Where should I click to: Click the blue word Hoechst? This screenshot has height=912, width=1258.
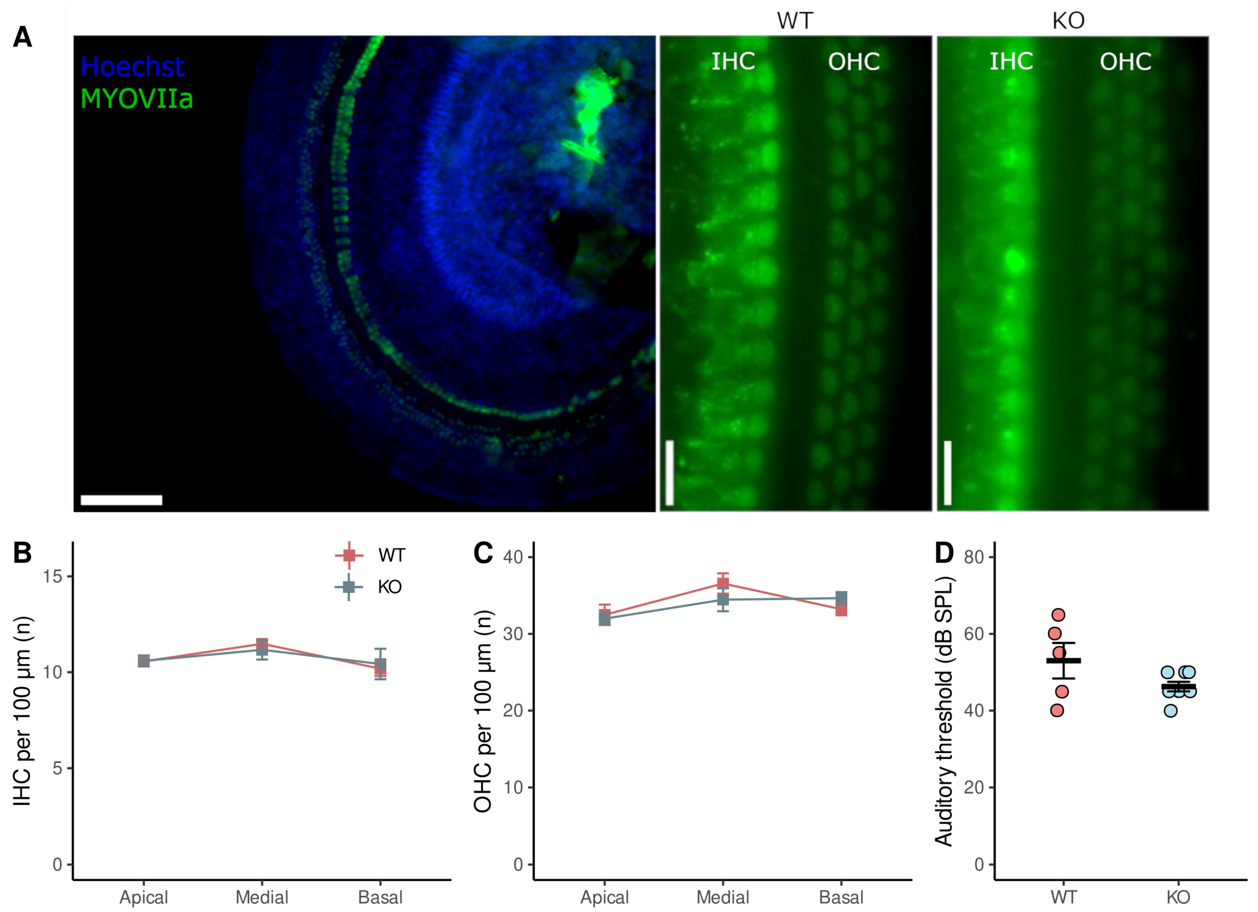[132, 67]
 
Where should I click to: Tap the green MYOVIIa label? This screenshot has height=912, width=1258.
[137, 99]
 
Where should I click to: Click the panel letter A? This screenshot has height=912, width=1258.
[22, 38]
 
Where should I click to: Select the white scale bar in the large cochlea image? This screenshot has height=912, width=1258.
[121, 500]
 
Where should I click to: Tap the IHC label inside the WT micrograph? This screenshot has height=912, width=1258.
[733, 62]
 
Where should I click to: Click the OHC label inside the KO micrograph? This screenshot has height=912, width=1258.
[1125, 62]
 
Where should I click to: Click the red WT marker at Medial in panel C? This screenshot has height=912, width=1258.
[723, 583]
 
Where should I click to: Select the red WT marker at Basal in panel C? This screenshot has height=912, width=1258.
[841, 610]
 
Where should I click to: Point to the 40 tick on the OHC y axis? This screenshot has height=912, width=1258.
[513, 557]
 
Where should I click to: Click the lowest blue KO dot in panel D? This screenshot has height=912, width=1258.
[1170, 711]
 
